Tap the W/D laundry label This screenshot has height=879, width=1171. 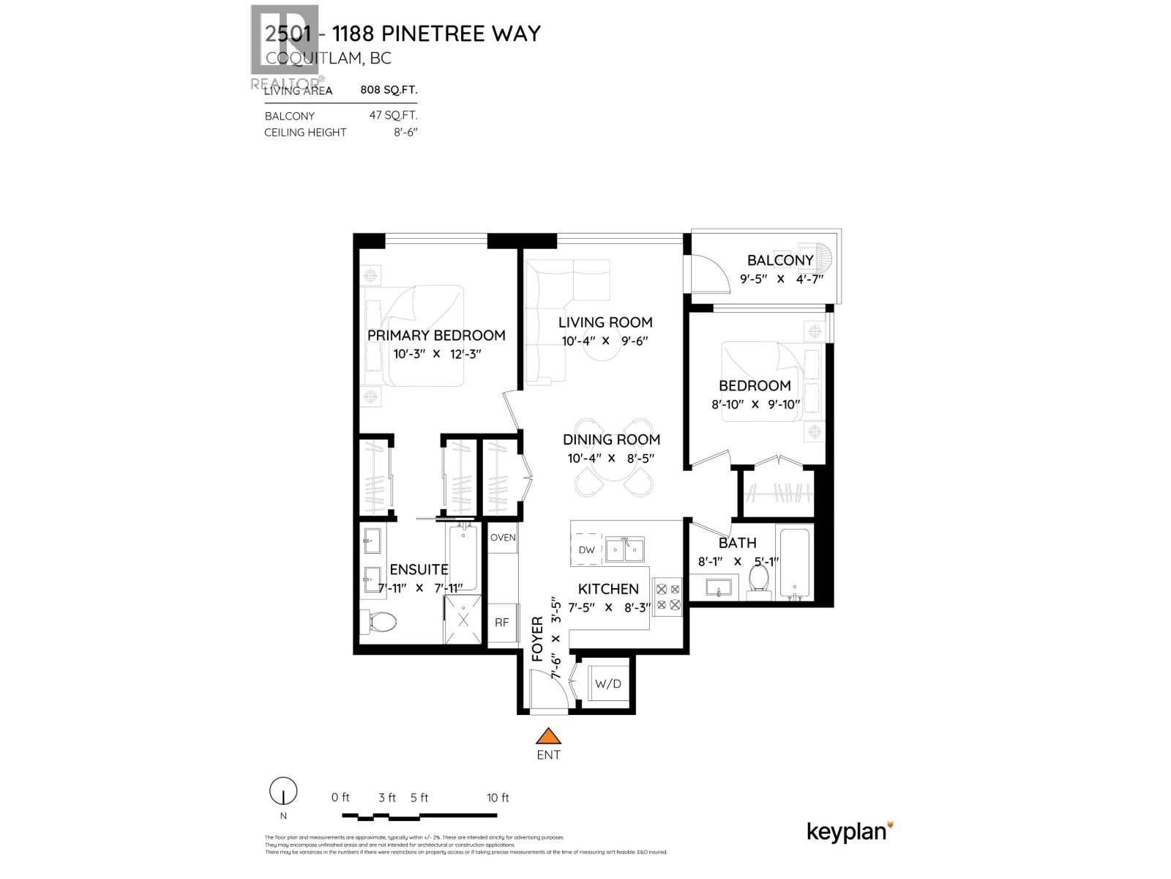[x=607, y=684]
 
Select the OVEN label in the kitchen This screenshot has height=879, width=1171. [x=503, y=538]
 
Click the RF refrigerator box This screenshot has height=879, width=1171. [x=502, y=623]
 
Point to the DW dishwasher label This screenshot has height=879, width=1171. [x=586, y=550]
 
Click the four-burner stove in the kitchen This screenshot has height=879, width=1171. [x=668, y=596]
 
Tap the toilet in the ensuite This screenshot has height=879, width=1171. [x=380, y=622]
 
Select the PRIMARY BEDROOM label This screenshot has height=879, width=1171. [x=436, y=335]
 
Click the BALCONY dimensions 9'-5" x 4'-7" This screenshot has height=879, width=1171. [x=781, y=279]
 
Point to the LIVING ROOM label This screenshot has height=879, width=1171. [x=605, y=322]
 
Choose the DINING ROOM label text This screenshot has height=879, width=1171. [x=611, y=439]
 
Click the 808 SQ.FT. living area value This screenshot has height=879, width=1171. [x=389, y=90]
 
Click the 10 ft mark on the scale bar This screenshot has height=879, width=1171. [x=498, y=798]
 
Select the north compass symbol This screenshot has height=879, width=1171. [x=283, y=792]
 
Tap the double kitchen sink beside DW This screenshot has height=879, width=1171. [x=624, y=549]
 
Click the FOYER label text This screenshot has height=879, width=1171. [x=537, y=639]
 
